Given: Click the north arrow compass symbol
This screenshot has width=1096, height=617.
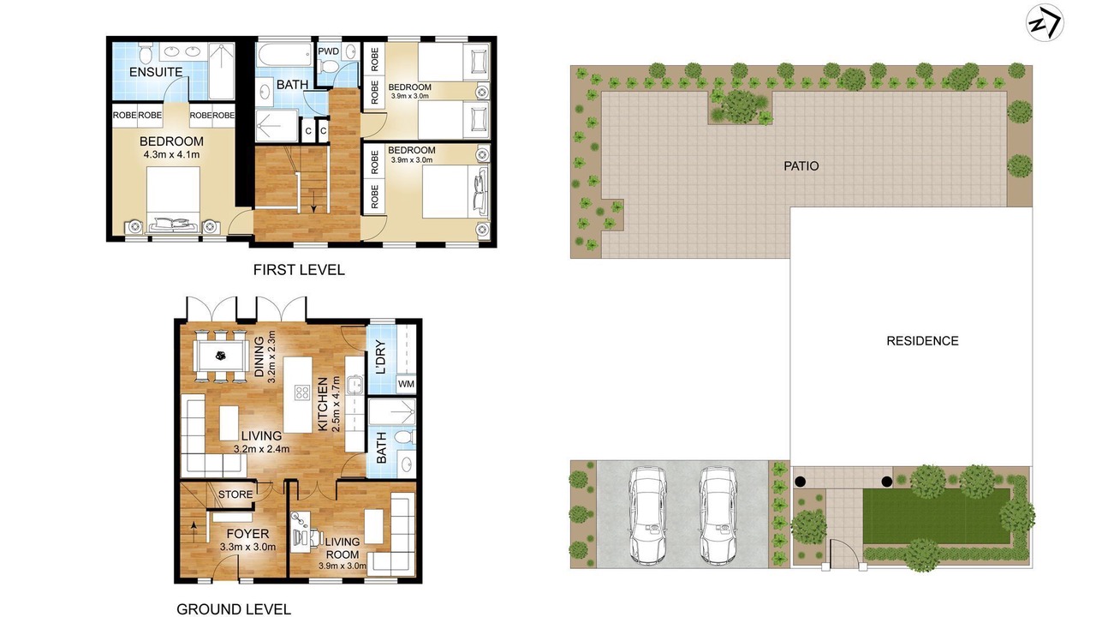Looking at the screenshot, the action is click(x=1045, y=22).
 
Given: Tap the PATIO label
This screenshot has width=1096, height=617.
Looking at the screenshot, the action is click(x=801, y=166).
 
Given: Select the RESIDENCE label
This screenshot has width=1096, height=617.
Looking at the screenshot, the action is click(x=922, y=341).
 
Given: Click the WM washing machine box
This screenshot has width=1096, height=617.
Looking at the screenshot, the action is click(x=406, y=384).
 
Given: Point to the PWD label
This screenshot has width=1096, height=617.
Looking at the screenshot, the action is click(x=328, y=51).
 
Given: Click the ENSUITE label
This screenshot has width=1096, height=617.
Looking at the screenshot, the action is click(x=156, y=72).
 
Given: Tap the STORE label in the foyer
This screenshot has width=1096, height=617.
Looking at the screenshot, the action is click(x=235, y=494).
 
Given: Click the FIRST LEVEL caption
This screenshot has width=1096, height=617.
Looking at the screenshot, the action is click(x=299, y=270).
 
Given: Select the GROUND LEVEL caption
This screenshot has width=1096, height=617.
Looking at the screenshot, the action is click(x=234, y=609).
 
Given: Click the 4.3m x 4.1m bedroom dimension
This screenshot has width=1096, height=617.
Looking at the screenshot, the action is click(x=171, y=155).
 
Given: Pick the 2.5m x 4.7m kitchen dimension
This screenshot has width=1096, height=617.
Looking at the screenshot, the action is click(x=336, y=404).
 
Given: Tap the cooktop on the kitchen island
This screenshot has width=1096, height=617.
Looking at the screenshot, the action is click(x=302, y=392).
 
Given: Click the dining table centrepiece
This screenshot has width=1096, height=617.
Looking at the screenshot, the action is click(x=221, y=356).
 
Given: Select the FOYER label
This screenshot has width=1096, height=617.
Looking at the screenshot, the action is click(x=247, y=534).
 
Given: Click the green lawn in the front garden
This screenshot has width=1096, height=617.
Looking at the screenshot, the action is click(x=936, y=516).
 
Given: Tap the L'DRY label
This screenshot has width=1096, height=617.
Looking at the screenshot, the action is click(x=381, y=357).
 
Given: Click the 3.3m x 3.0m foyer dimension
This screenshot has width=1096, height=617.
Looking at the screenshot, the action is click(x=247, y=547).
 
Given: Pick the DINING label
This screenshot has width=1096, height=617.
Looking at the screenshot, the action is click(x=259, y=356).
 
